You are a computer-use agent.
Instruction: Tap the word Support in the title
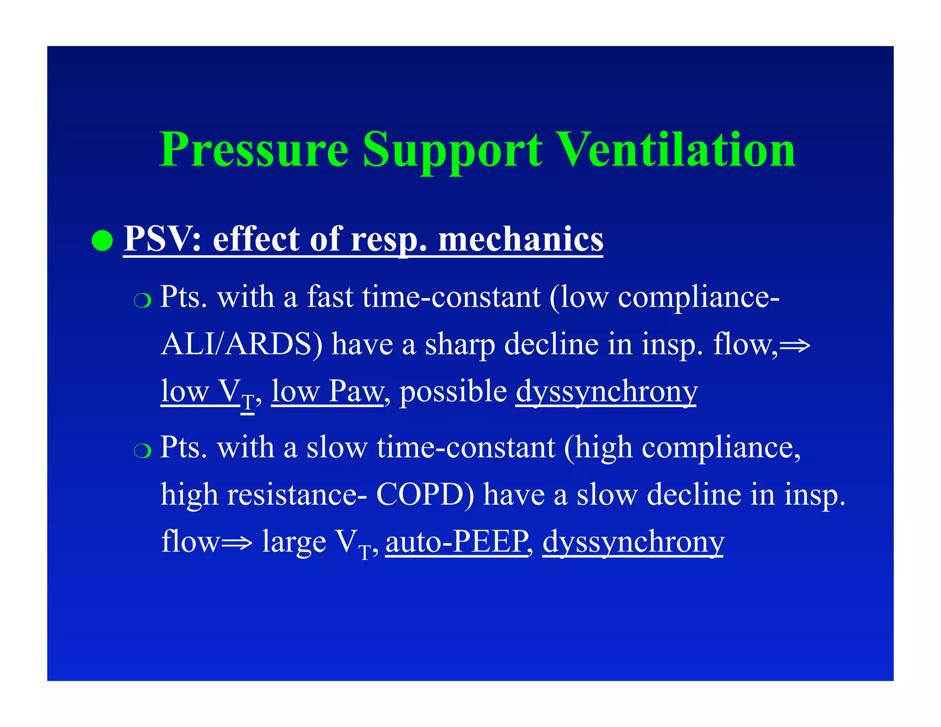click(x=452, y=150)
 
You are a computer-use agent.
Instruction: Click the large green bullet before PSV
click(x=102, y=240)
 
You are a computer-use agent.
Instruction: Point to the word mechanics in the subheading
click(x=521, y=239)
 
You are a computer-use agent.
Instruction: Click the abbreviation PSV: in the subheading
click(x=163, y=239)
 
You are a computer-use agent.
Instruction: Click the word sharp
click(x=459, y=345)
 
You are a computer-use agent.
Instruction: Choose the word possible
click(x=453, y=392)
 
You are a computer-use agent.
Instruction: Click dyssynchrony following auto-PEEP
click(x=633, y=542)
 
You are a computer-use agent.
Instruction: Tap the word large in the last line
click(x=294, y=542)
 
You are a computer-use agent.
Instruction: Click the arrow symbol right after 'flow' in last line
click(x=237, y=543)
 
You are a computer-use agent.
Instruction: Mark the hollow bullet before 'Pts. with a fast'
click(x=142, y=301)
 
